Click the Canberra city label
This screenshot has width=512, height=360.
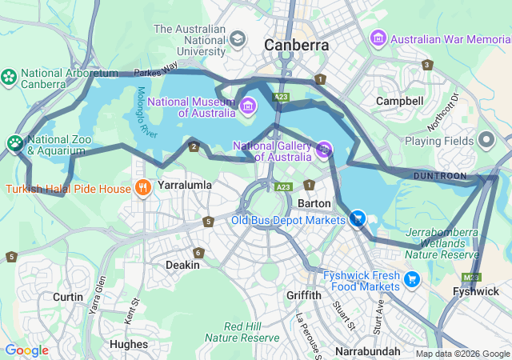pyautogui.click(x=297, y=46)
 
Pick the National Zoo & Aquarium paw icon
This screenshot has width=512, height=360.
pyautogui.click(x=15, y=144)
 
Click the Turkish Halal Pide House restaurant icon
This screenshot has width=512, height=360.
pyautogui.click(x=142, y=189)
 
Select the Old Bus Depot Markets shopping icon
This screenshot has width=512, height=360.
pyautogui.click(x=358, y=218)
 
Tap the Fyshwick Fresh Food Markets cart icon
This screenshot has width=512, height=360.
pyautogui.click(x=411, y=279)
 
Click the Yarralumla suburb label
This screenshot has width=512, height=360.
pyautogui.click(x=185, y=185)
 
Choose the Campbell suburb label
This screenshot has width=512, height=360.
pyautogui.click(x=399, y=102)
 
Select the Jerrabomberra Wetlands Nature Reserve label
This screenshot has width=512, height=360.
pyautogui.click(x=442, y=243)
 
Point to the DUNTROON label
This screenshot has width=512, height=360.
pyautogui.click(x=440, y=175)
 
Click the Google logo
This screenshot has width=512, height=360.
pyautogui.click(x=26, y=350)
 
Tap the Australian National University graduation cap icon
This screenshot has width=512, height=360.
pyautogui.click(x=238, y=38)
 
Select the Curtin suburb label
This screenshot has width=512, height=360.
pyautogui.click(x=68, y=297)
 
